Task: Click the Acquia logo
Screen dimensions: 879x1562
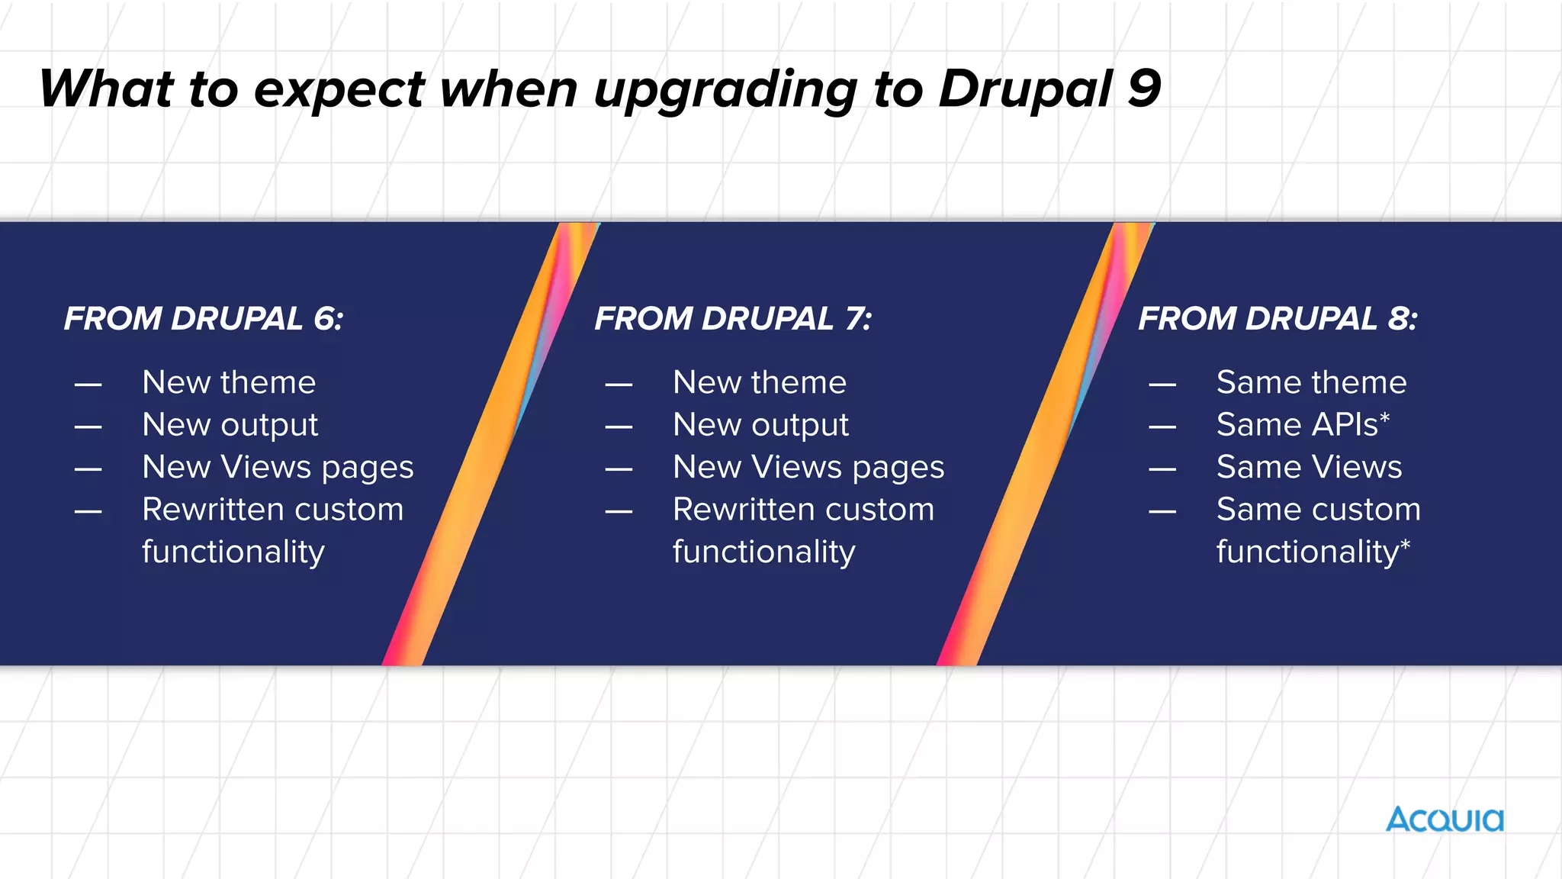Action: click(1445, 820)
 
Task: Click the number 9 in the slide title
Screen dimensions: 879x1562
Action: click(1143, 89)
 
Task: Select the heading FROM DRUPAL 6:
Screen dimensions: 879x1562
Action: click(204, 318)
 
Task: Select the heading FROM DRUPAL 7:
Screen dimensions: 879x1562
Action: click(733, 318)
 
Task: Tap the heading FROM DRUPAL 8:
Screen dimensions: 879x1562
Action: click(1278, 318)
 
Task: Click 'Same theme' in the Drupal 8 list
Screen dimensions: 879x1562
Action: click(1311, 382)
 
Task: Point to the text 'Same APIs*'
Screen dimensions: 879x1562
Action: click(1303, 425)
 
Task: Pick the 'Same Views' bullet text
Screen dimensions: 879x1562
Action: click(1309, 467)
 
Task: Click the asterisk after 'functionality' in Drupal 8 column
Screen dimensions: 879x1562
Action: click(1405, 545)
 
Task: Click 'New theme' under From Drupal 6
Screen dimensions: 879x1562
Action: click(229, 382)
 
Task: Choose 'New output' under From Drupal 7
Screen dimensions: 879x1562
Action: click(760, 425)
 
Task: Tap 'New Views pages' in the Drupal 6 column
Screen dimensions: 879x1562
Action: click(278, 467)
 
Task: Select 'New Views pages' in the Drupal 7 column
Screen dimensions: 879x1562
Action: click(808, 467)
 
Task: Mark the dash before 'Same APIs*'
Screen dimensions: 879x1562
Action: click(1162, 427)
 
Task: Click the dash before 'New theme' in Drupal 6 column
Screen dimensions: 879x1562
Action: click(88, 385)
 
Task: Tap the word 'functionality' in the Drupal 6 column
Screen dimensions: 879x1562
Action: click(233, 552)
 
